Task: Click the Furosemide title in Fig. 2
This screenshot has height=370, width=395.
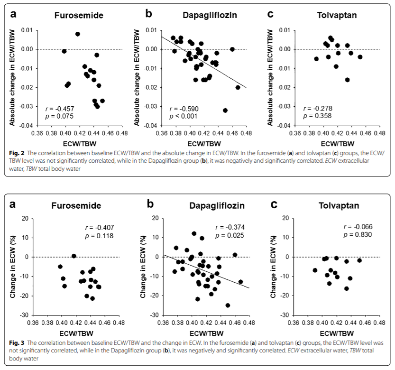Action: [x=79, y=15]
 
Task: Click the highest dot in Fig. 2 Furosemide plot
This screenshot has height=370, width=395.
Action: [x=78, y=34]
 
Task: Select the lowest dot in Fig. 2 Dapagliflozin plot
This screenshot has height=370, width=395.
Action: [x=225, y=110]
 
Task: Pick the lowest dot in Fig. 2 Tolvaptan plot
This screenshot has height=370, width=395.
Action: [x=348, y=80]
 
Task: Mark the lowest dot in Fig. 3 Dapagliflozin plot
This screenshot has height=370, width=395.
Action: [x=228, y=305]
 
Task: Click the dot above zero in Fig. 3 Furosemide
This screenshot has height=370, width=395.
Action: [x=74, y=256]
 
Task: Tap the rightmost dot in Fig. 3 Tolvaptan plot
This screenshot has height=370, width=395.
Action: [x=360, y=260]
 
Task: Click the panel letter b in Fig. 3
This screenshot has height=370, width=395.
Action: [x=150, y=204]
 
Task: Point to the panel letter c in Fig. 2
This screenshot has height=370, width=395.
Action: [x=270, y=14]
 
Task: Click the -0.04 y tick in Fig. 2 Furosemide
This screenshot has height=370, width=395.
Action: [x=26, y=126]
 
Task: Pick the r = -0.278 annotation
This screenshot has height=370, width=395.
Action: [x=318, y=109]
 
